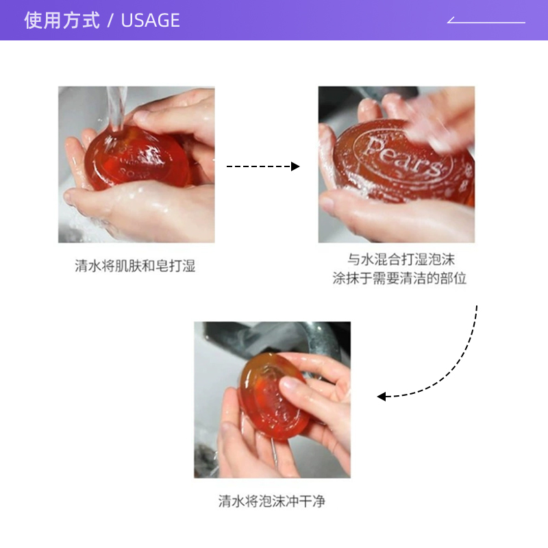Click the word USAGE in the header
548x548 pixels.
(150, 21)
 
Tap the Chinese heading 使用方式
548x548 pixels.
(62, 21)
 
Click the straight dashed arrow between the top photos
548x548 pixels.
(260, 166)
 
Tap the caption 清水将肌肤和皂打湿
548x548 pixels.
(135, 266)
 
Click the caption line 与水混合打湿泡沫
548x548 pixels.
(400, 260)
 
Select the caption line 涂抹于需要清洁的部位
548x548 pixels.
(400, 279)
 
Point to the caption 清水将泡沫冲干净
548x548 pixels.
(271, 501)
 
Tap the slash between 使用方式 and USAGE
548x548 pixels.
(110, 21)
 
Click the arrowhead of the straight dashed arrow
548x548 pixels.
(296, 166)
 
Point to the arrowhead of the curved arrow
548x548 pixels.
(382, 396)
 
